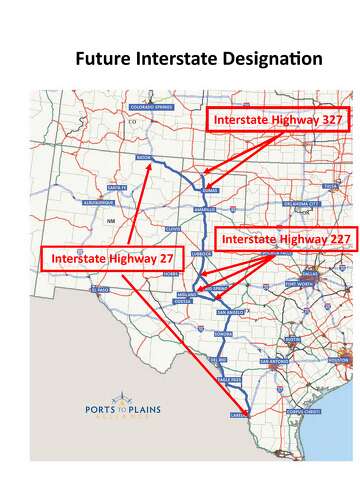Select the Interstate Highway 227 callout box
tap(287, 240)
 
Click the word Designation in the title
tap(265, 59)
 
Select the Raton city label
tap(144, 158)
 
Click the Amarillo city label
tap(204, 209)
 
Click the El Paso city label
tap(98, 288)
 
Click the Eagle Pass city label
tap(232, 381)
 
